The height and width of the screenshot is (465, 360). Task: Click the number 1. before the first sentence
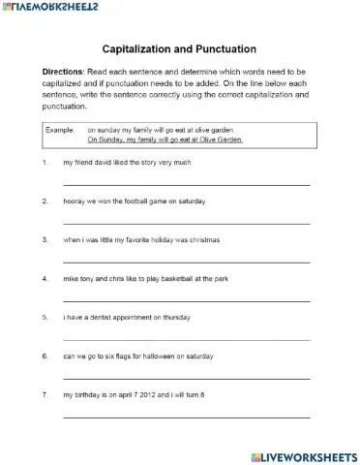click(45, 162)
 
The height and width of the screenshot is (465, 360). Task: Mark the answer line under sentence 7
click(186, 417)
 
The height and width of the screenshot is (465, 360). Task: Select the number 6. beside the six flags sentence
click(45, 355)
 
